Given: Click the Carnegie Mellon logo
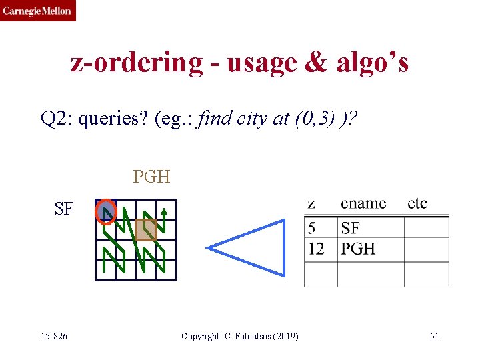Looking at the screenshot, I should (38, 11).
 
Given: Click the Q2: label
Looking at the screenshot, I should (56, 119).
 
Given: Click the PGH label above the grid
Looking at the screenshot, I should (151, 177).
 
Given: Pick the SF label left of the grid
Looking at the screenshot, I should (64, 209).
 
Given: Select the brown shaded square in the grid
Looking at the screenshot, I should (146, 230).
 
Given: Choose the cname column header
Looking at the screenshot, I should (363, 203).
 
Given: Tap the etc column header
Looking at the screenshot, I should (417, 203).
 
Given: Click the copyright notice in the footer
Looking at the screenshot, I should (239, 336).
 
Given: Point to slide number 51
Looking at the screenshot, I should (434, 336).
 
